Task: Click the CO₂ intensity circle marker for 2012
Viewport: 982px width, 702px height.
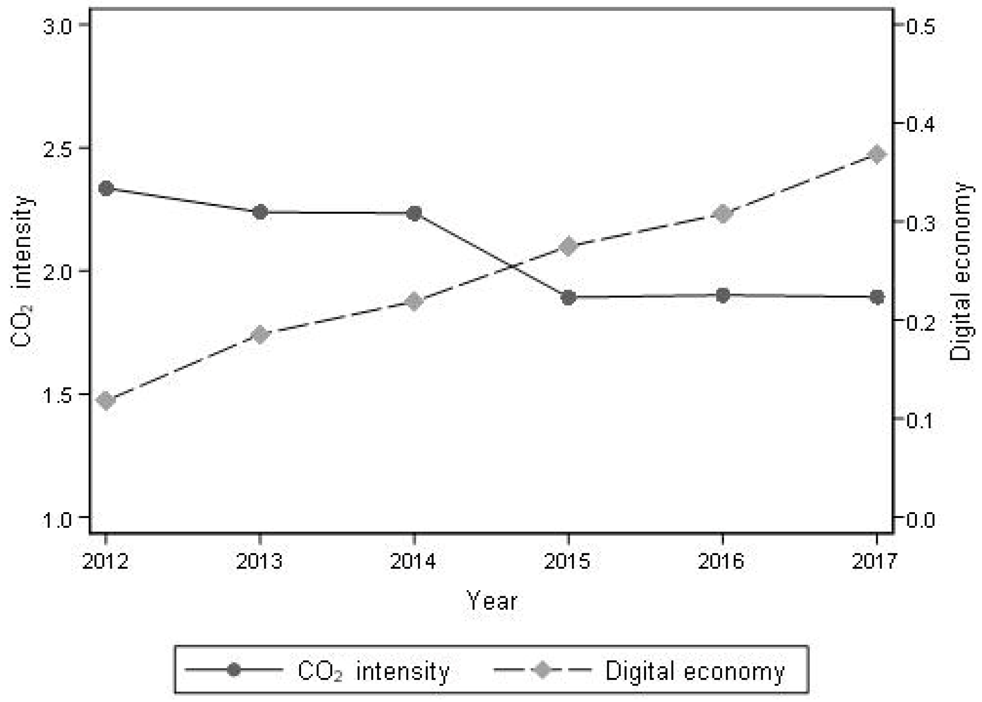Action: (106, 188)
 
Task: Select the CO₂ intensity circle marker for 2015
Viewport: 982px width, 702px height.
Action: (568, 298)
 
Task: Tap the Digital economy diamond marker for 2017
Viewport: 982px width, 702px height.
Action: (877, 154)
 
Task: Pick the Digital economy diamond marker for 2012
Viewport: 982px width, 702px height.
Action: (106, 400)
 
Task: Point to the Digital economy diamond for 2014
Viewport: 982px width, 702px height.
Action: (414, 302)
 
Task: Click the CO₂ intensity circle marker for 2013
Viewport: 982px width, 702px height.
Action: (260, 212)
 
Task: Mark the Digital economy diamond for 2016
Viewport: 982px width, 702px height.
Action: (722, 214)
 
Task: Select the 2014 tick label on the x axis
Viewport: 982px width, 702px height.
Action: (414, 561)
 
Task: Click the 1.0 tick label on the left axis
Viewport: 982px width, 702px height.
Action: (58, 520)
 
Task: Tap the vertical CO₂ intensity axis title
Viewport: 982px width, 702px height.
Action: (22, 271)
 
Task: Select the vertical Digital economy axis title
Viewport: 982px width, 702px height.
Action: (961, 271)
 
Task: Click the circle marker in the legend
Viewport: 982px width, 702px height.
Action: (234, 670)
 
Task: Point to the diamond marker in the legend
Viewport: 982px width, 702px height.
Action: (543, 670)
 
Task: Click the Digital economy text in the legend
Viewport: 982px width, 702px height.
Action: (695, 671)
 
